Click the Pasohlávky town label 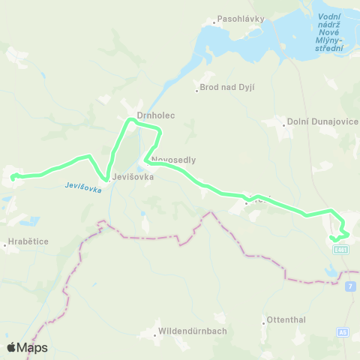(238, 19)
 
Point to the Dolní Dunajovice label (323, 121)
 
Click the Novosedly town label (173, 160)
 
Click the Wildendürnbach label (193, 331)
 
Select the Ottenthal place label (286, 319)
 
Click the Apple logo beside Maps (12, 347)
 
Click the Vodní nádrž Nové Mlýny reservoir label (329, 32)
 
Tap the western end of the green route (13, 177)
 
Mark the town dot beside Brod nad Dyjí (197, 88)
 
